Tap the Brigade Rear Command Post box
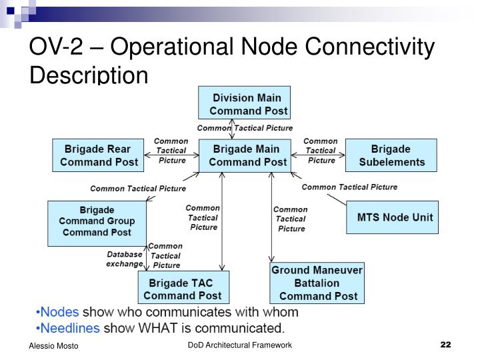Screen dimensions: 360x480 (x=99, y=155)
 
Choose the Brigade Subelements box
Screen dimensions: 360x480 (x=391, y=155)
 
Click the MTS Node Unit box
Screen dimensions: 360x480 (x=395, y=217)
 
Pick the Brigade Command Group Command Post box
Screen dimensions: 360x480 (x=97, y=221)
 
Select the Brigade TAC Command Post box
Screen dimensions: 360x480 (x=184, y=289)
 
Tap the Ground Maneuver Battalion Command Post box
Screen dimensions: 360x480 (x=318, y=283)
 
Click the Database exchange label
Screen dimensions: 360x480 (x=125, y=259)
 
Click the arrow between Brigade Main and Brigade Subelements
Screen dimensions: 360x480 (x=321, y=155)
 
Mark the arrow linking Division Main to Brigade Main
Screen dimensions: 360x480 (x=232, y=128)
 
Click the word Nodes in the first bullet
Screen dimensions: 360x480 (x=59, y=312)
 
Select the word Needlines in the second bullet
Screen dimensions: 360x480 (x=69, y=327)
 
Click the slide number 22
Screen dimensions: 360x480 (x=446, y=345)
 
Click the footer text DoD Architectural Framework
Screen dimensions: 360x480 (x=239, y=345)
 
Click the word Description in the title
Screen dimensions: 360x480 (x=88, y=75)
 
